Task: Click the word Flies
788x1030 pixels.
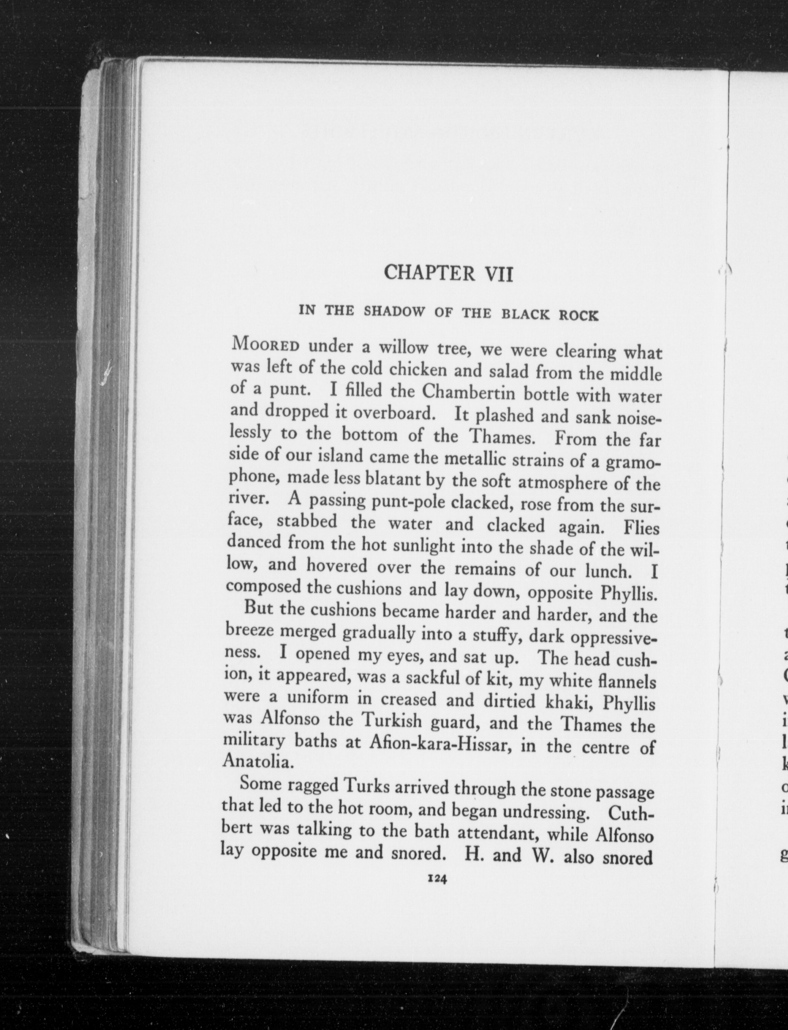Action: (x=641, y=528)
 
